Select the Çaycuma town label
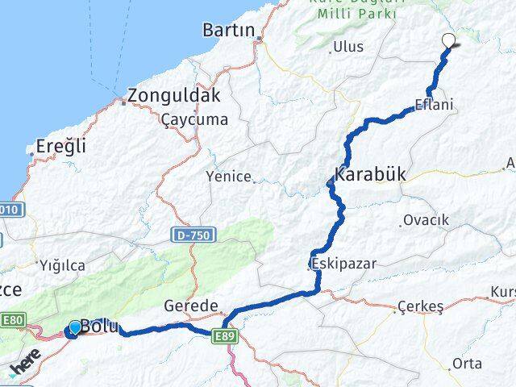194,119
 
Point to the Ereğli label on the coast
61,148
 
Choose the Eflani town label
434,105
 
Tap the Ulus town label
348,47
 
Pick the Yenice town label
229,176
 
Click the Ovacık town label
426,220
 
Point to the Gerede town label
191,306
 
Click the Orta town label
467,364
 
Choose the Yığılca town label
60,264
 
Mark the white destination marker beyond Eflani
448,41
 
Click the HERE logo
25,368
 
